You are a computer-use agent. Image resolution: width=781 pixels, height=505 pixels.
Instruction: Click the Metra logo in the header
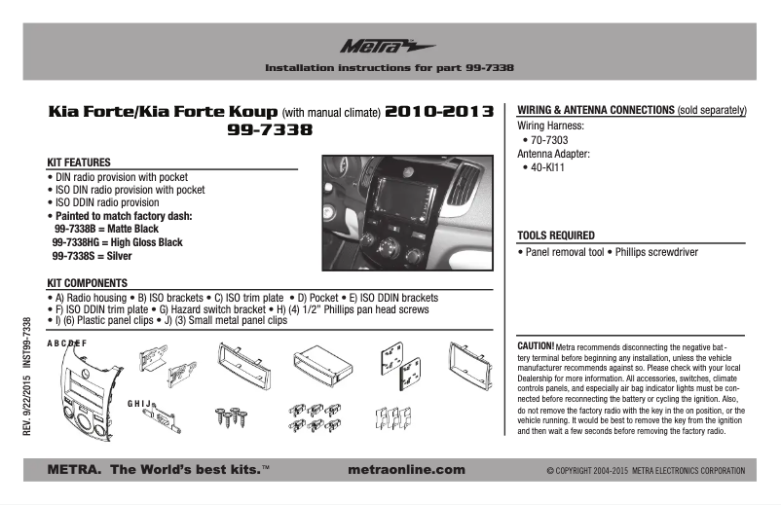[374, 46]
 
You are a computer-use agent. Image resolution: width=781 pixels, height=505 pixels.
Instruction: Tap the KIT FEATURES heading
[79, 162]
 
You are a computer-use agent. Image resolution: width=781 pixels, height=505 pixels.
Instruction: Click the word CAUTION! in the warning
[536, 345]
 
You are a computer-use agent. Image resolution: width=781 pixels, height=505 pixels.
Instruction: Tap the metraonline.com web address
[406, 470]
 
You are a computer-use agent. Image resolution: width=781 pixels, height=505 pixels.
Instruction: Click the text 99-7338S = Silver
[92, 255]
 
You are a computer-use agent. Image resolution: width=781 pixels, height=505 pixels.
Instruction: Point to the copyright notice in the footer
[646, 471]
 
